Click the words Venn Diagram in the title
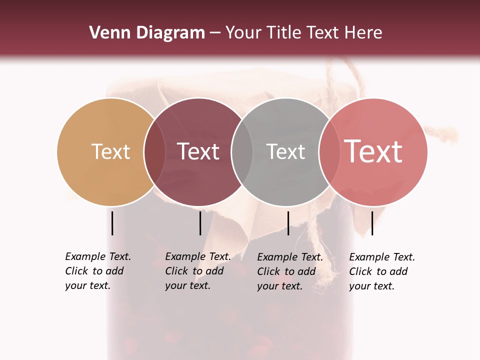pyautogui.click(x=147, y=33)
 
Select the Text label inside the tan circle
pyautogui.click(x=110, y=151)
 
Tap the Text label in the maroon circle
pyautogui.click(x=198, y=151)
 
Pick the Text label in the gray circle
pyautogui.click(x=285, y=151)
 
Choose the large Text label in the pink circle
pyautogui.click(x=373, y=151)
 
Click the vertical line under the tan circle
pyautogui.click(x=112, y=223)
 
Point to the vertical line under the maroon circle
pyautogui.click(x=200, y=223)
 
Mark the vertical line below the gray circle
pyautogui.click(x=288, y=223)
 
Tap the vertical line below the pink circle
pyautogui.click(x=372, y=223)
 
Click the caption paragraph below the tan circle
pyautogui.click(x=98, y=271)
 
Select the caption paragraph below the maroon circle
pyautogui.click(x=198, y=271)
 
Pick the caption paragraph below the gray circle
pyautogui.click(x=290, y=271)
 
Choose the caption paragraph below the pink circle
pyautogui.click(x=382, y=271)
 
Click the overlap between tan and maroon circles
pyautogui.click(x=154, y=152)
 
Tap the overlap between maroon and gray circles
pyautogui.click(x=242, y=152)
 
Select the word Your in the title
pyautogui.click(x=243, y=33)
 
